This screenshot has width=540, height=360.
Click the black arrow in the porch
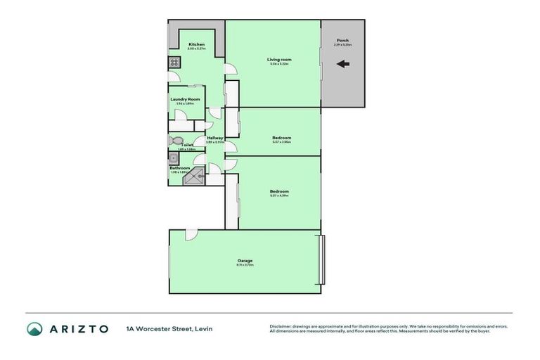[343, 65]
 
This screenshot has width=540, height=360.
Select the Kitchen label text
[196, 45]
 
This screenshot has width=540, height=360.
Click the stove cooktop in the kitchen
[174, 63]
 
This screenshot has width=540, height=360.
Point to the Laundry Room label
[185, 99]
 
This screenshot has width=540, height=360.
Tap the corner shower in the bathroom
[192, 178]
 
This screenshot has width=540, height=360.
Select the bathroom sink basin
[173, 158]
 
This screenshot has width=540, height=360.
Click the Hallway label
[214, 138]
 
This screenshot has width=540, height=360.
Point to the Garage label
[245, 260]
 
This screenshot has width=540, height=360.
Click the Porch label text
[342, 41]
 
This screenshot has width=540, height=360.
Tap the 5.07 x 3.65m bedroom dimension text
[281, 141]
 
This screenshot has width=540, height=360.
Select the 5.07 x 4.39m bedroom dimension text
[279, 195]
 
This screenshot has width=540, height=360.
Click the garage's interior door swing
[191, 236]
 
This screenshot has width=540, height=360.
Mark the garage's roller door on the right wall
[323, 259]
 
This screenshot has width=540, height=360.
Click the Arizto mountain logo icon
[35, 328]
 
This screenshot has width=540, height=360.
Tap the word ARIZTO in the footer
[78, 328]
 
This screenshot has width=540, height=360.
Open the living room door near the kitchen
[229, 69]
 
